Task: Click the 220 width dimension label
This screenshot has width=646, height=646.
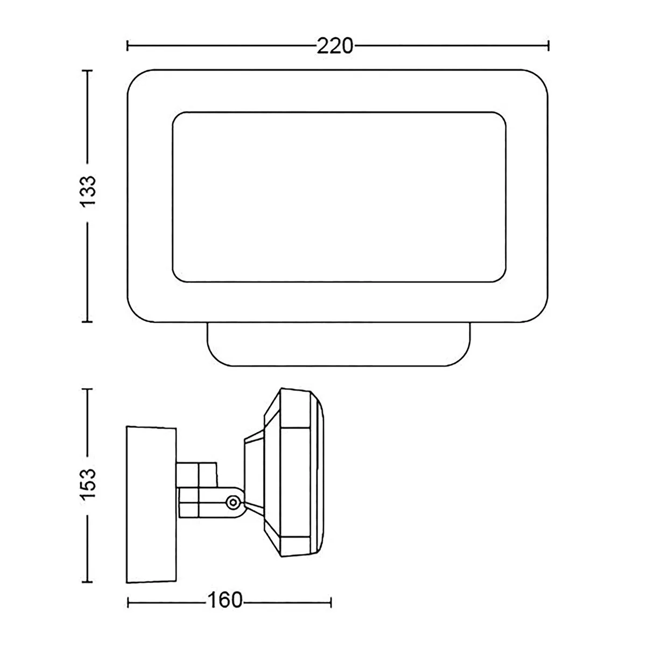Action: [335, 46]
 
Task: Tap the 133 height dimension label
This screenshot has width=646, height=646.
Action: [88, 191]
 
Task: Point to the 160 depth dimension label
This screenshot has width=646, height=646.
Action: [224, 600]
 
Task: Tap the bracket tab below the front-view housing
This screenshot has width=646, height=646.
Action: [339, 344]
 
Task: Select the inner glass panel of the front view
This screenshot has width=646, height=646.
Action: [339, 197]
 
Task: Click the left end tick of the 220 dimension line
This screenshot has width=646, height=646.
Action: [128, 46]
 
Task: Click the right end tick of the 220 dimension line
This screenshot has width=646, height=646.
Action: [549, 46]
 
